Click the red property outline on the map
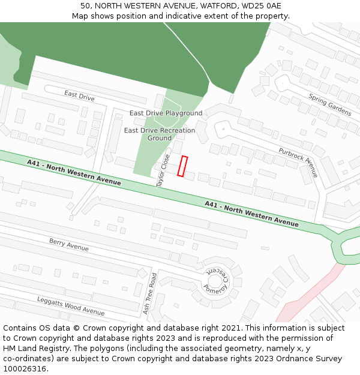(182, 166)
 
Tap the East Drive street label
(79, 95)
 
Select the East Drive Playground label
(166, 113)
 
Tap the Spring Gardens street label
(329, 104)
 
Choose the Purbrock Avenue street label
(298, 163)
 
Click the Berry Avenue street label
(69, 245)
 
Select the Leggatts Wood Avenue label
(71, 306)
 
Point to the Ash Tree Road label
(150, 294)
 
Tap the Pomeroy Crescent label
(217, 280)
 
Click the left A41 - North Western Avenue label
(74, 172)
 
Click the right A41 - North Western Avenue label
(251, 214)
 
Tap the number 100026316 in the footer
(25, 368)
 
